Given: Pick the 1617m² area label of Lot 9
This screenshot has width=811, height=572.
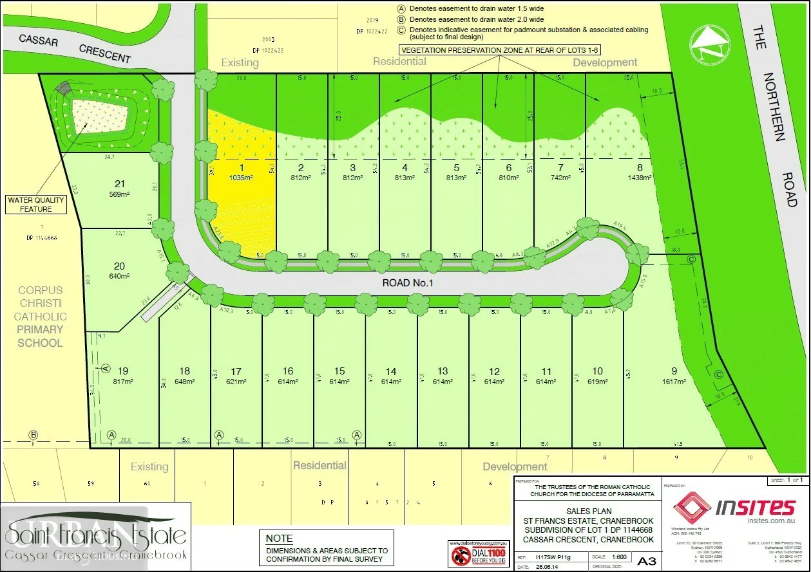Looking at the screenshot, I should [674, 381].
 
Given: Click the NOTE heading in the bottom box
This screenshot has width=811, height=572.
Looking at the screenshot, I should [279, 539].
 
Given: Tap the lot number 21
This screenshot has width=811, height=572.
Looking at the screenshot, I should [119, 183].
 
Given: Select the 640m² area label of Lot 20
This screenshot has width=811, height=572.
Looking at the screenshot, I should [119, 276].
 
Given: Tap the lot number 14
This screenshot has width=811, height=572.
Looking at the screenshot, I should [391, 371].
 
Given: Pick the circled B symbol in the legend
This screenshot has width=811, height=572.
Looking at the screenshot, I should [401, 19].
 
